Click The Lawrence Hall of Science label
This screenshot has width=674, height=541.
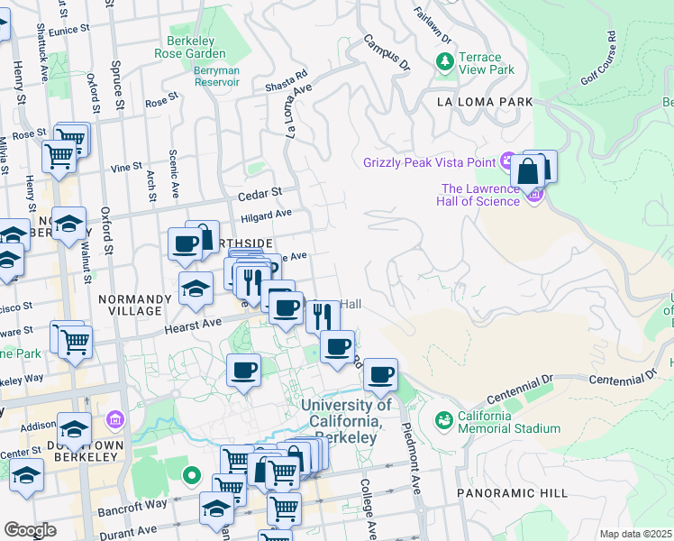(x=480, y=195)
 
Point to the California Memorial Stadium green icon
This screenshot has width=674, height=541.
(x=443, y=420)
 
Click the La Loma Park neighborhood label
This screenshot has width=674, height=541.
(x=485, y=102)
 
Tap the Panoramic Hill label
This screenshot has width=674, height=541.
(x=512, y=493)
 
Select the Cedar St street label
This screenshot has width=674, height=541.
(x=260, y=193)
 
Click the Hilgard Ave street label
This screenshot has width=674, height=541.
(x=266, y=215)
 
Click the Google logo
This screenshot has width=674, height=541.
(x=30, y=529)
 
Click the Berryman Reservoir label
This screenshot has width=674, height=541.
(x=216, y=81)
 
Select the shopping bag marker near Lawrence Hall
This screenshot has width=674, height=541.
(x=527, y=170)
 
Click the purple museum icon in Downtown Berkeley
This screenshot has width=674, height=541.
(x=114, y=419)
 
